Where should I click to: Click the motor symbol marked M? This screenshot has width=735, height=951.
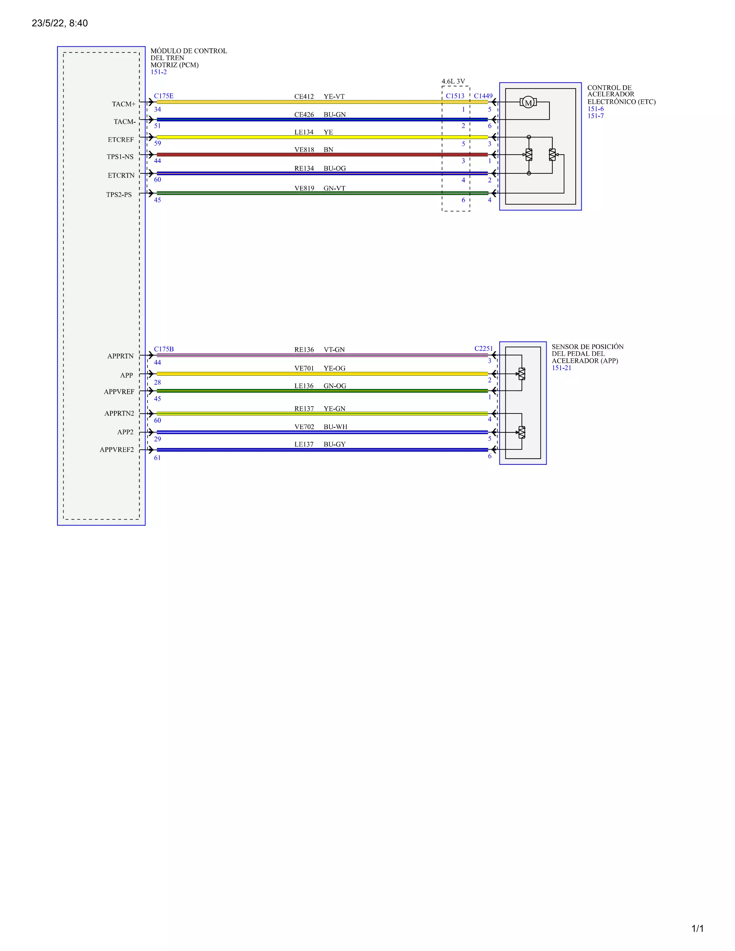528,103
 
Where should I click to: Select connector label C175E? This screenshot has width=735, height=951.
164,96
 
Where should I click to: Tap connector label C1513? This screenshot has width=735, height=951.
455,96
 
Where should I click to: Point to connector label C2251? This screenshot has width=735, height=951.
483,348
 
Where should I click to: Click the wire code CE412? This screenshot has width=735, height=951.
304,97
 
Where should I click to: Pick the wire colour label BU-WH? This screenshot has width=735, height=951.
335,427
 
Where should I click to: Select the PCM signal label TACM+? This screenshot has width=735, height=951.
124,104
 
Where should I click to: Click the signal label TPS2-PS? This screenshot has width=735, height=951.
119,195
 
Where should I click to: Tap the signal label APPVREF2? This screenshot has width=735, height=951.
117,449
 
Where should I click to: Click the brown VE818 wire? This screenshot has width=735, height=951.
322,155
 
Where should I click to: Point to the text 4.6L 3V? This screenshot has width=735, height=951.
453,81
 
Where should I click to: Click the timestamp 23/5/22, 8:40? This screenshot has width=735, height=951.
60,23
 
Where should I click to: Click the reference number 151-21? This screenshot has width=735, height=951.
562,368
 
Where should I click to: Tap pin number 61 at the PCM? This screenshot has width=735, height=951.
157,458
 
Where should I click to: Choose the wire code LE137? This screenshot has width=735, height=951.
304,444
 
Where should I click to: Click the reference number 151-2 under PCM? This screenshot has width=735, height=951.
159,72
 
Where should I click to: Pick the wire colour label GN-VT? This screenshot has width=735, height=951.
334,188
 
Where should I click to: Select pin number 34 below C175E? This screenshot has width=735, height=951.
158,109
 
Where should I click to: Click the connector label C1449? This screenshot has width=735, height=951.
483,96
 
